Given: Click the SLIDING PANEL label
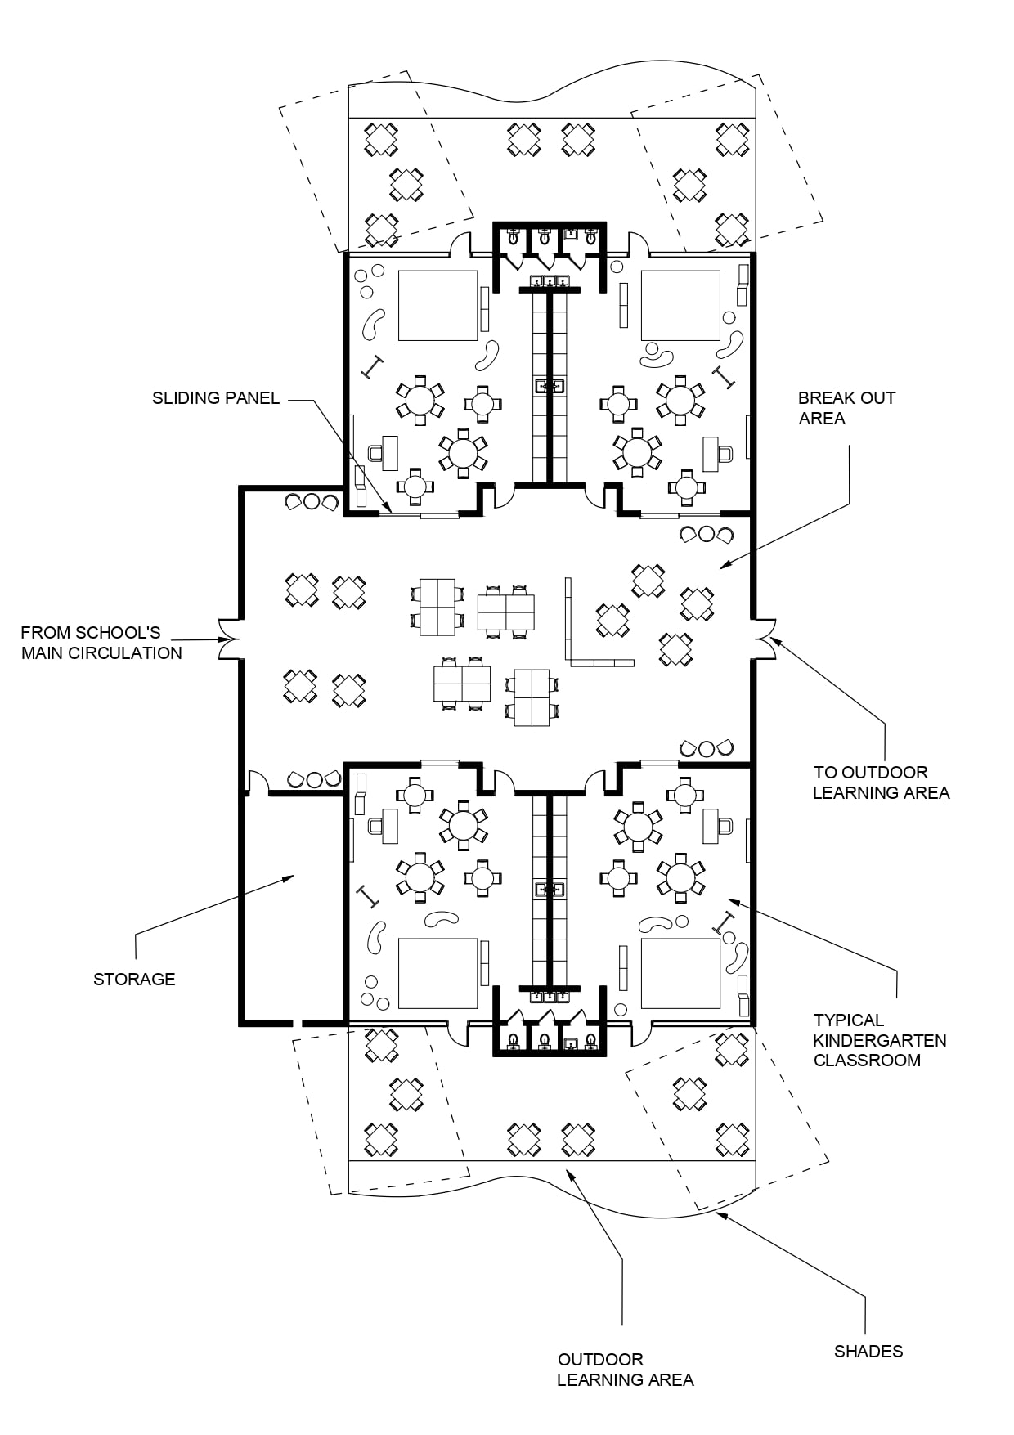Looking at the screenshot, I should click(216, 398).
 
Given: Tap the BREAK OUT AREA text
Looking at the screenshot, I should click(846, 408).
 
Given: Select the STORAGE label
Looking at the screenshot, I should click(134, 979).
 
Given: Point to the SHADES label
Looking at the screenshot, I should click(868, 1351).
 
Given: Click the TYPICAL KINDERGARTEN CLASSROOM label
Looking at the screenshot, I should click(879, 1040).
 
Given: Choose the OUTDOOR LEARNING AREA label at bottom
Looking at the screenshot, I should click(625, 1370).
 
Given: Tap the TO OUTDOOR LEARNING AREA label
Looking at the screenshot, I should click(881, 783).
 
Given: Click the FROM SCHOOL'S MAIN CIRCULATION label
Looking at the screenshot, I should click(101, 643).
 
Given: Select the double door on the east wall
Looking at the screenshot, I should click(764, 639).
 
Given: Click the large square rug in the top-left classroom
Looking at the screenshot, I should click(437, 305).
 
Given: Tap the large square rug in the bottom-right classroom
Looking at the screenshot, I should click(680, 973).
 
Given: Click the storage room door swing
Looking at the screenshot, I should click(258, 783).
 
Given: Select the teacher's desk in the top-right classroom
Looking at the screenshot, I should click(711, 454).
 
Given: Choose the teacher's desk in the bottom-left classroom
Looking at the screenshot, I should click(389, 826).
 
